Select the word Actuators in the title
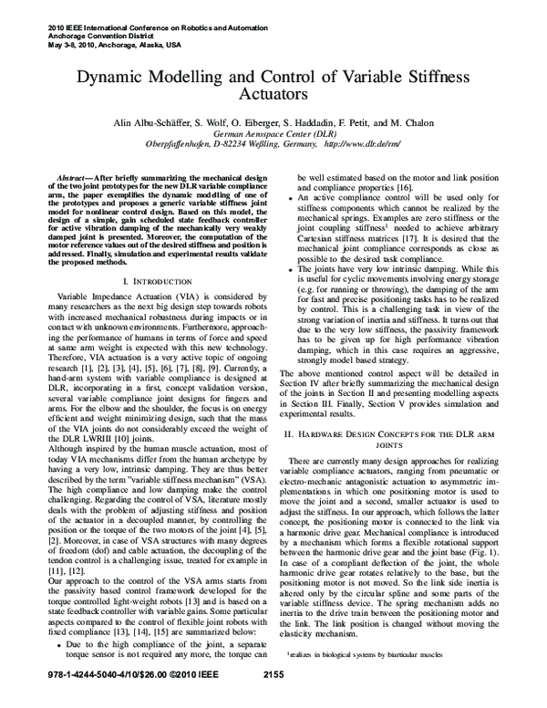(x=273, y=95)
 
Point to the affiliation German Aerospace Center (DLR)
(x=273, y=132)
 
